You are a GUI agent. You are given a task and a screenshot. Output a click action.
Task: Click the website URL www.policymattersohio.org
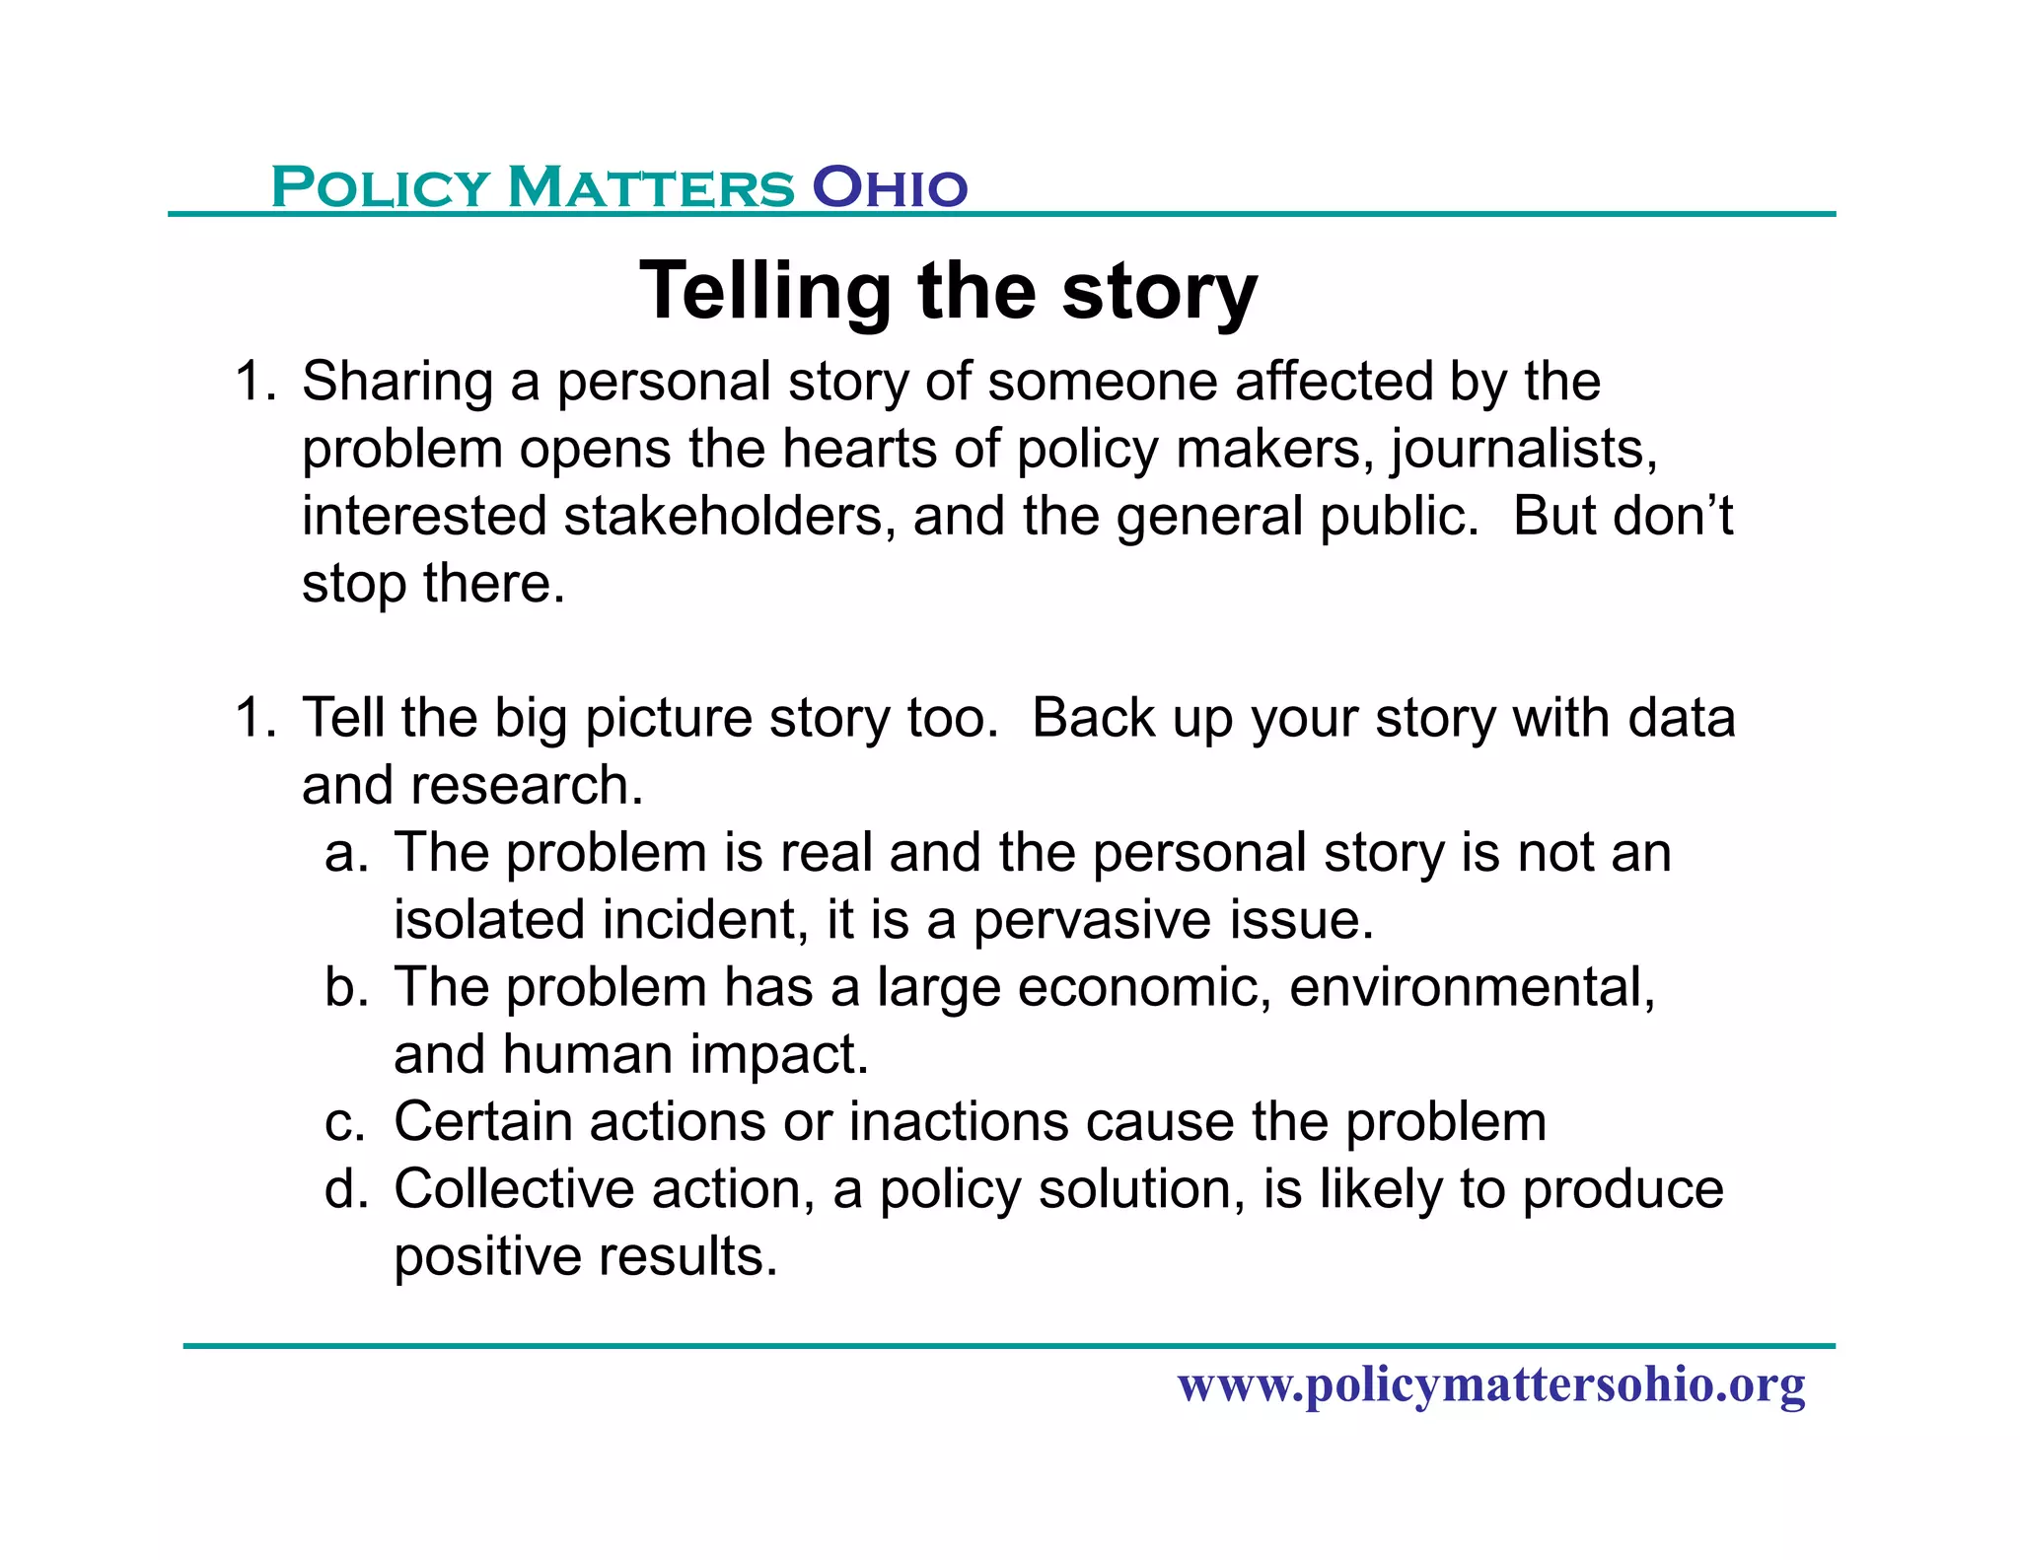[x=1491, y=1384]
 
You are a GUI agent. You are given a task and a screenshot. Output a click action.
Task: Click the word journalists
[x=1524, y=450]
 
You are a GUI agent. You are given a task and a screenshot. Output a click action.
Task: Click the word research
[x=527, y=785]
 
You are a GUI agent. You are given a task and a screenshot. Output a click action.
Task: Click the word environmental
[x=1472, y=987]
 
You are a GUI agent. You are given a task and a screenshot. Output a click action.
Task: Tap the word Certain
[x=483, y=1122]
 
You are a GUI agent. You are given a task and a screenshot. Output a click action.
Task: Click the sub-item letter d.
[x=344, y=1189]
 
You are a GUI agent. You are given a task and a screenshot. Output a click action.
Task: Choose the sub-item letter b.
[x=344, y=987]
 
